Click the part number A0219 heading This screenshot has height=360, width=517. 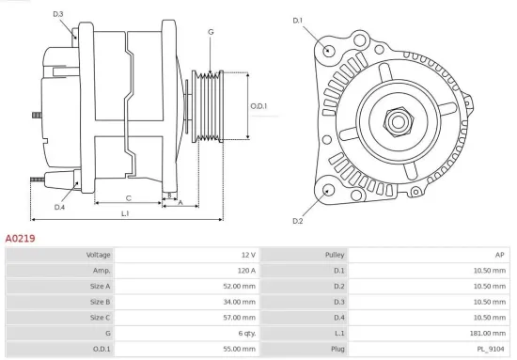tap(21, 239)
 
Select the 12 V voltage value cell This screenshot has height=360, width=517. tap(247, 255)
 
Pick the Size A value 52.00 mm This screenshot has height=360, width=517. tap(237, 286)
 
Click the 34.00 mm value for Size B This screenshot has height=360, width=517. tap(237, 302)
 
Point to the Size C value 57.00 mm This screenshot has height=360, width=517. tap(237, 318)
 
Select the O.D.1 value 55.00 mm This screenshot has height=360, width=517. tap(237, 349)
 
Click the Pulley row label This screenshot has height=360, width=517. tap(335, 255)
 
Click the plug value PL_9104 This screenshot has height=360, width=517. tap(492, 349)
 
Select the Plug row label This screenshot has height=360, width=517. tap(337, 349)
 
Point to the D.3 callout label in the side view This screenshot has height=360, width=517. tap(58, 14)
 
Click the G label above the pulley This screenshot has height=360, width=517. tap(211, 32)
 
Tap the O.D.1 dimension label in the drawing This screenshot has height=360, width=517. tap(258, 106)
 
